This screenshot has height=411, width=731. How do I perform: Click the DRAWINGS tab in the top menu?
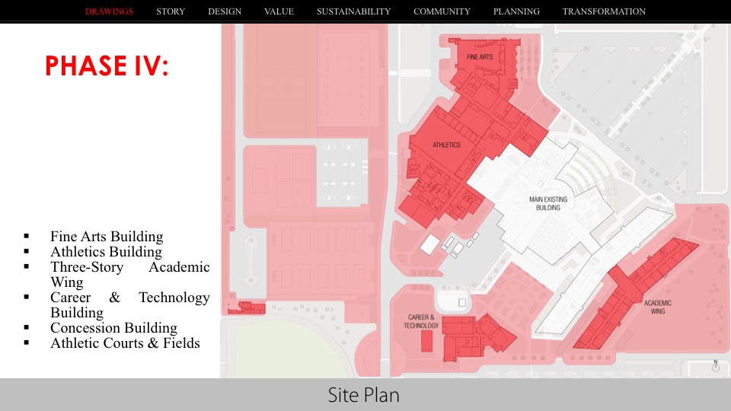(x=110, y=11)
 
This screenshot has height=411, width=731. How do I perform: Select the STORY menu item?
(x=171, y=11)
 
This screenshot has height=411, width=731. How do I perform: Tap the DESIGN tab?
(x=225, y=11)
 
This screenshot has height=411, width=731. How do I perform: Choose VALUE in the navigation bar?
(x=279, y=11)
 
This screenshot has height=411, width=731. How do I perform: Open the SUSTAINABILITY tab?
(x=353, y=11)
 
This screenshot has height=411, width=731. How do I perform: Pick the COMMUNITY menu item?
(x=442, y=11)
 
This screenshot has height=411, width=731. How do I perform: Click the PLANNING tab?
(x=516, y=11)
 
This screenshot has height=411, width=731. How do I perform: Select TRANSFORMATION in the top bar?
(x=604, y=11)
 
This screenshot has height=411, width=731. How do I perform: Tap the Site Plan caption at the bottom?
(x=364, y=395)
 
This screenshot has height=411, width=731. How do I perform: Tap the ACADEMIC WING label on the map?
(x=659, y=307)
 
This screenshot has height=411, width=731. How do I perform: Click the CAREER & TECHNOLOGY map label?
(x=421, y=321)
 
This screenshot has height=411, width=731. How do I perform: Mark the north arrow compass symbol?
(x=716, y=365)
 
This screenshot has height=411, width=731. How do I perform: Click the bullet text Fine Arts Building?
(x=107, y=237)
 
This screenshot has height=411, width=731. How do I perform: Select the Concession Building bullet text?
(x=113, y=328)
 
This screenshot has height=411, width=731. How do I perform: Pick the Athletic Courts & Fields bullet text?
(x=125, y=343)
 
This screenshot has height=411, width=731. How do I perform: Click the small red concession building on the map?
(x=250, y=307)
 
